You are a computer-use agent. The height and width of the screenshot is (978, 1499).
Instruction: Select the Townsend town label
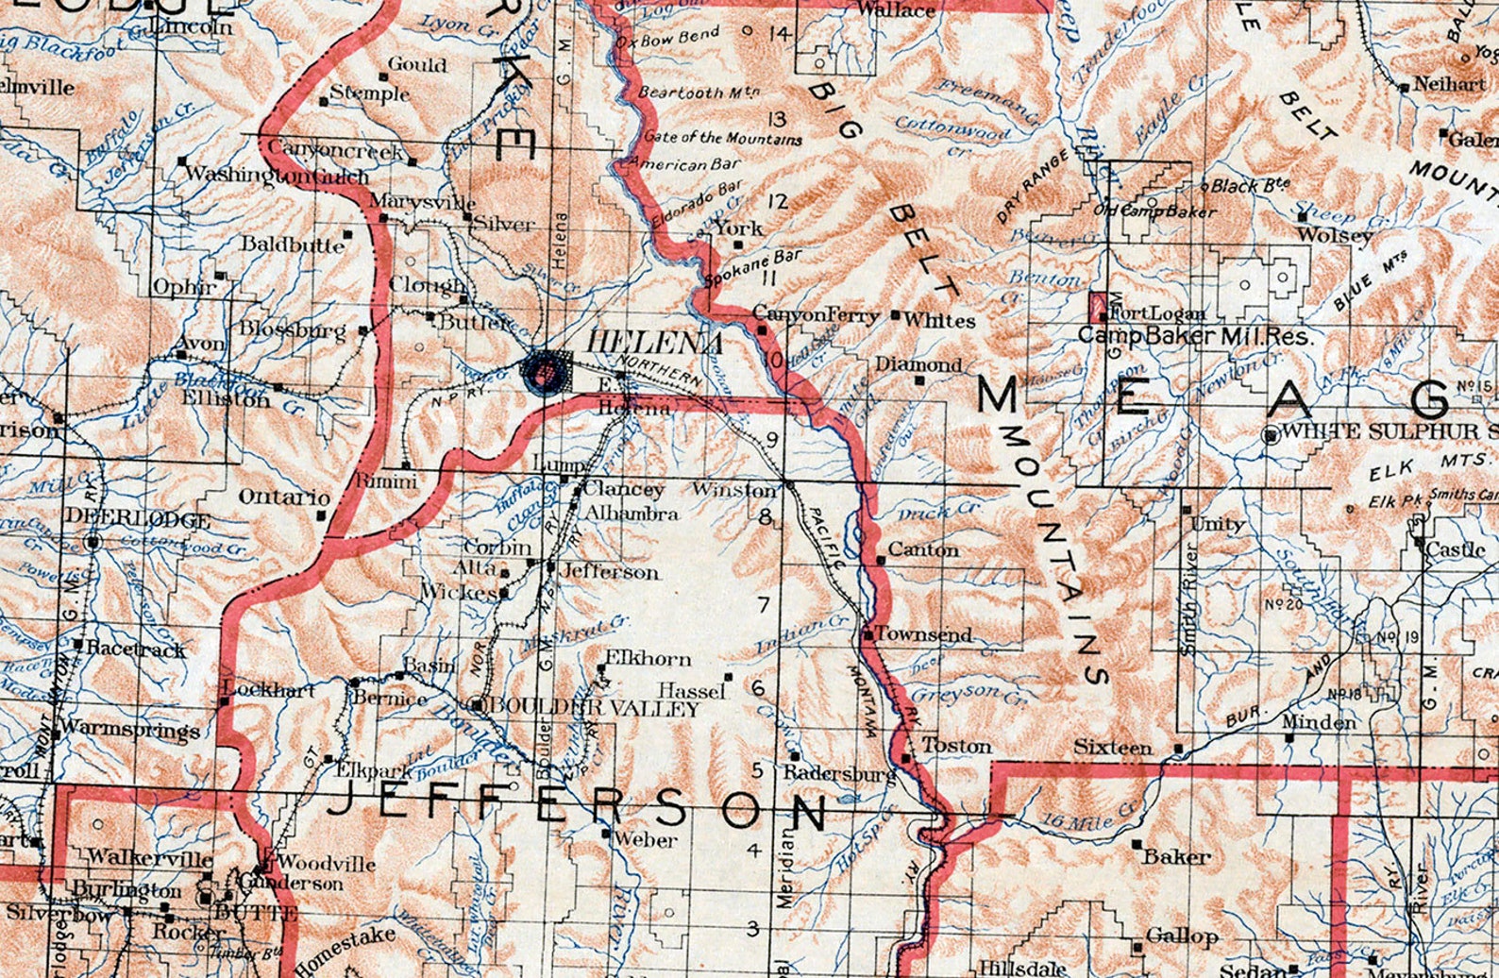pyautogui.click(x=924, y=634)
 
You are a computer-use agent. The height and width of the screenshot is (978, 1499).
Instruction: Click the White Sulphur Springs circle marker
pyautogui.click(x=1272, y=434)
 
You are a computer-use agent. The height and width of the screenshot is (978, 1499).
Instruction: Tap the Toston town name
pyautogui.click(x=956, y=746)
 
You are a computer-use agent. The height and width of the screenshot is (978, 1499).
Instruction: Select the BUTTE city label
pyautogui.click(x=257, y=913)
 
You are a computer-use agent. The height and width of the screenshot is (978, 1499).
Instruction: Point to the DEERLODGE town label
pyautogui.click(x=151, y=520)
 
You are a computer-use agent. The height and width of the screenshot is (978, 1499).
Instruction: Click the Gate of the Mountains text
pyautogui.click(x=723, y=137)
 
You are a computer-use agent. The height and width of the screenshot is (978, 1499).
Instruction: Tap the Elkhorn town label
pyautogui.click(x=648, y=659)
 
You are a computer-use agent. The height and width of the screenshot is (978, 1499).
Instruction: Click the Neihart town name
pyautogui.click(x=1449, y=84)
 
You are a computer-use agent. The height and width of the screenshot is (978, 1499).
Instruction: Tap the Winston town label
pyautogui.click(x=734, y=489)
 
